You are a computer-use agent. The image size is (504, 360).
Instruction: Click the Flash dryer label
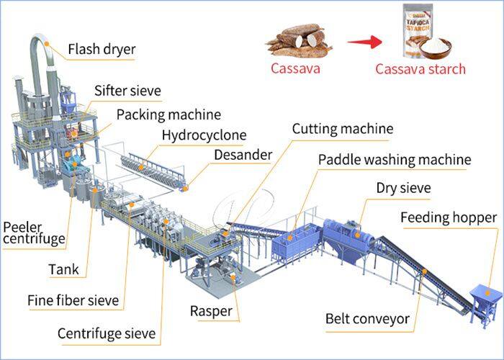click(102, 50)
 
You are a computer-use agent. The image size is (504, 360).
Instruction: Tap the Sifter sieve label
click(127, 91)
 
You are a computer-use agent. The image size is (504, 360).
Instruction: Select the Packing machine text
click(168, 114)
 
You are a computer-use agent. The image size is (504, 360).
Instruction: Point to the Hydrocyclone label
click(204, 135)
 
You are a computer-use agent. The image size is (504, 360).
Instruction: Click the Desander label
click(243, 155)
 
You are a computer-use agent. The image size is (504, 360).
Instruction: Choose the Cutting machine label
click(342, 129)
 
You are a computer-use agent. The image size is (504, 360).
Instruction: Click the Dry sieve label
click(403, 189)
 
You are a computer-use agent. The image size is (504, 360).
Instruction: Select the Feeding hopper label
click(448, 217)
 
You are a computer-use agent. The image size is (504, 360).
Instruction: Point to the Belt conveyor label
click(367, 318)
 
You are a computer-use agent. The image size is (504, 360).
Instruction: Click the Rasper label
click(210, 311)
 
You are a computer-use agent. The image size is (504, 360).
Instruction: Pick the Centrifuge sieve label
click(106, 334)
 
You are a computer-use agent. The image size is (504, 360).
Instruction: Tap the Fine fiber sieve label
click(73, 300)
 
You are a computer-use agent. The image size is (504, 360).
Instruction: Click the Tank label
click(64, 271)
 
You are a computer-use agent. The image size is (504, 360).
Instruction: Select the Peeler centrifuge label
click(34, 233)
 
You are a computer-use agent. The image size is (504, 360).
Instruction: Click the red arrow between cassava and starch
click(364, 42)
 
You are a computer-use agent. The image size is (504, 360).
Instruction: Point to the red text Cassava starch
click(420, 69)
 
